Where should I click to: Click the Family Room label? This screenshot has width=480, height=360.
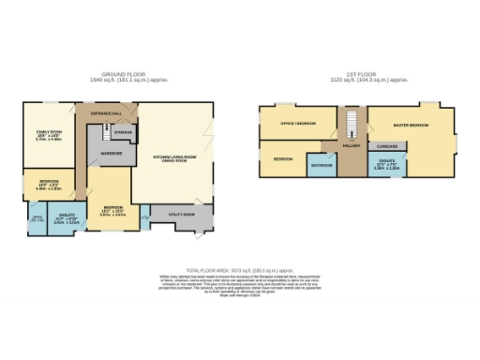(48, 133)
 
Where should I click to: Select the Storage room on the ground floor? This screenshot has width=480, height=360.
(123, 133)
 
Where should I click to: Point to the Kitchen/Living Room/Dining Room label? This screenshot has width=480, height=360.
(175, 157)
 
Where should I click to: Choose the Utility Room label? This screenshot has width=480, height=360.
(182, 215)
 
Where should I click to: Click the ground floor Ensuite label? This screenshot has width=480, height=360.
(66, 220)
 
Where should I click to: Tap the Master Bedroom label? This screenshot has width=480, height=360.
(411, 124)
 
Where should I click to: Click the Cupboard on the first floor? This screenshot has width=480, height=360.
(386, 146)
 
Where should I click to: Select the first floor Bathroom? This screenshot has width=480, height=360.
(322, 165)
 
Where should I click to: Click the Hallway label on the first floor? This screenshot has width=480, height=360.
(352, 145)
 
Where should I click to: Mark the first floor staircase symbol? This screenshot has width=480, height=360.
(352, 124)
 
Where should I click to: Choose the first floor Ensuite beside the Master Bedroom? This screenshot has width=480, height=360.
(386, 166)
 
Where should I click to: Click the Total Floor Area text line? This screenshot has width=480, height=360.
(240, 269)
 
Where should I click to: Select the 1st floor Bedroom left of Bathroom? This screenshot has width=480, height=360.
(283, 159)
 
